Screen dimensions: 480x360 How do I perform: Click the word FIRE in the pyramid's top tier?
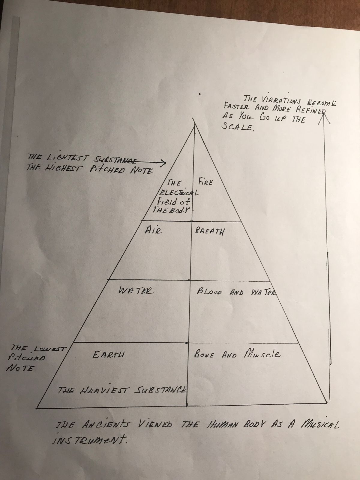pos(205,182)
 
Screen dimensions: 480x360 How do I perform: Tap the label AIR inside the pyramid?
pos(153,230)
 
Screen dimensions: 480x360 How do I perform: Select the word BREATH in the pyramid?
pos(209,232)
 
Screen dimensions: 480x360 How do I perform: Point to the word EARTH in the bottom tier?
pos(108,355)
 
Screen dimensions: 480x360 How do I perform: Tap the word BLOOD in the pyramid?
pos(209,292)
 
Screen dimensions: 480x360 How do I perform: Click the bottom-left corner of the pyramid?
pos(37,408)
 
